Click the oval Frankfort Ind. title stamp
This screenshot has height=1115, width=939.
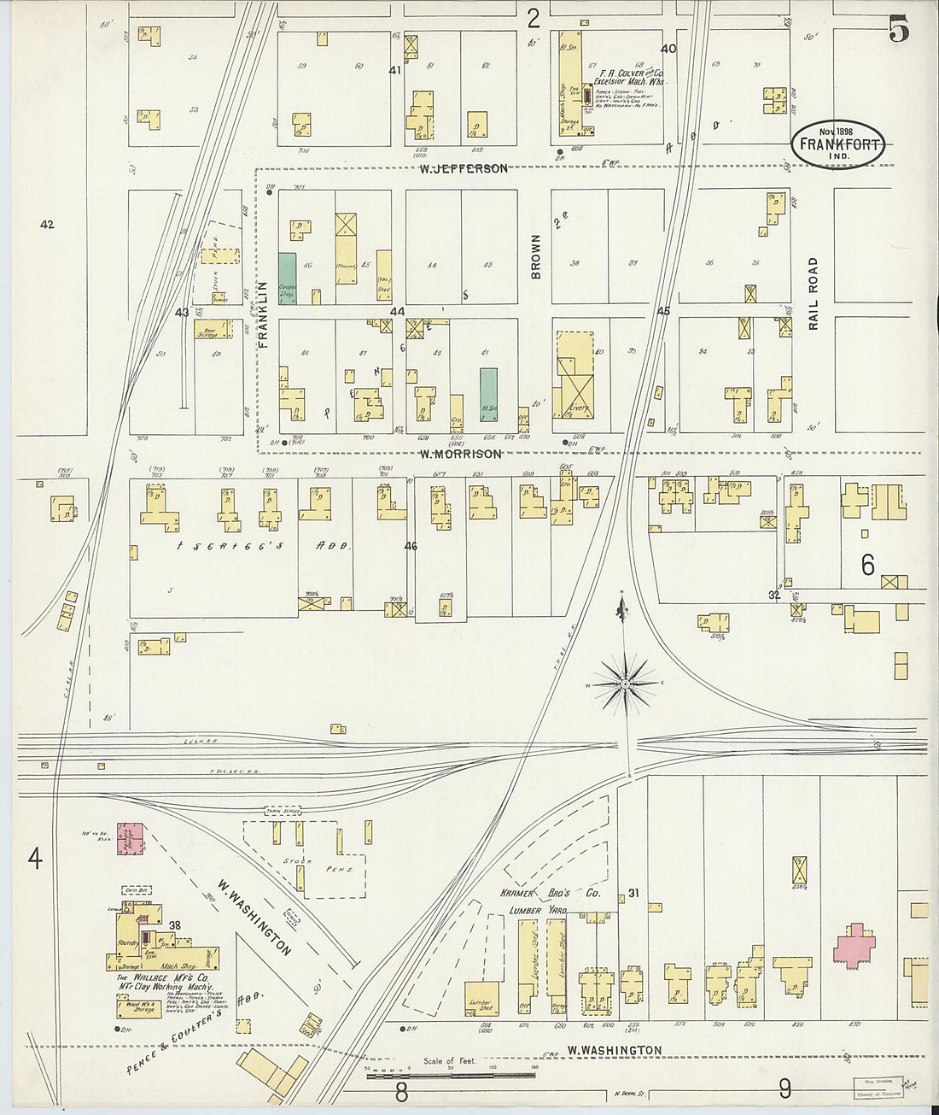(837, 144)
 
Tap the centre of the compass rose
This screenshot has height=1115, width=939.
(625, 684)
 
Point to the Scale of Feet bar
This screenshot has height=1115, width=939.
(452, 1075)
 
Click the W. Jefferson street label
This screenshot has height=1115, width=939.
(463, 169)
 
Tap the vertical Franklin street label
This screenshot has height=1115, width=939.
(264, 314)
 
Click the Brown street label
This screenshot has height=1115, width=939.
(536, 256)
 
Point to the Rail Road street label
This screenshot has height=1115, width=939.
(813, 293)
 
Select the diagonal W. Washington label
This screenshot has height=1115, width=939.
(254, 918)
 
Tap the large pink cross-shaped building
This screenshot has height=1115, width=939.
(854, 945)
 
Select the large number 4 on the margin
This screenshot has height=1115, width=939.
(34, 858)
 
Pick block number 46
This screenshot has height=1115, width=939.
(411, 546)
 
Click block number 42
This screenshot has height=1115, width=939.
(47, 225)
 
